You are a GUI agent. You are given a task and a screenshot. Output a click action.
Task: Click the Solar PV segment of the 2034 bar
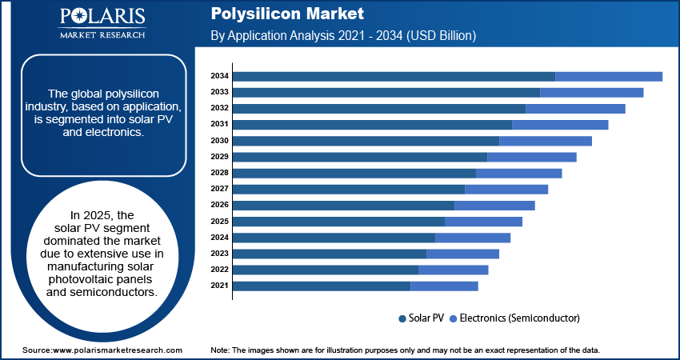point(394,76)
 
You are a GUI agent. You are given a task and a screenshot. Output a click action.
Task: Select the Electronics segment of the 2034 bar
point(609,76)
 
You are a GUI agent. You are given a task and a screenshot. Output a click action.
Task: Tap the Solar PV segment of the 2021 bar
point(322,286)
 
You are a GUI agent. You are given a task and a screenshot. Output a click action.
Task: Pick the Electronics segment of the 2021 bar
point(444,286)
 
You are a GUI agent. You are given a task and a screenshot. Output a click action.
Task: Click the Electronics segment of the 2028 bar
point(519,173)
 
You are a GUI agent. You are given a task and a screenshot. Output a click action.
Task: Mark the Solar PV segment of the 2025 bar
point(338,221)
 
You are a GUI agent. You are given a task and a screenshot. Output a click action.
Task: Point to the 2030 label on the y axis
point(219,140)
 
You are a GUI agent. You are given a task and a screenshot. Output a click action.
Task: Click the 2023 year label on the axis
point(219,254)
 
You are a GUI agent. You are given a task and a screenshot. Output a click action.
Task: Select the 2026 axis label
point(219,205)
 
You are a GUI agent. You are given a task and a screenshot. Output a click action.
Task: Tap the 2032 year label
point(219,108)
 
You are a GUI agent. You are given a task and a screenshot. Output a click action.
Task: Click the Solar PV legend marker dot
point(402,318)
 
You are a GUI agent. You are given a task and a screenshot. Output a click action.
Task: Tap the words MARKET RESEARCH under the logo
point(102,35)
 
